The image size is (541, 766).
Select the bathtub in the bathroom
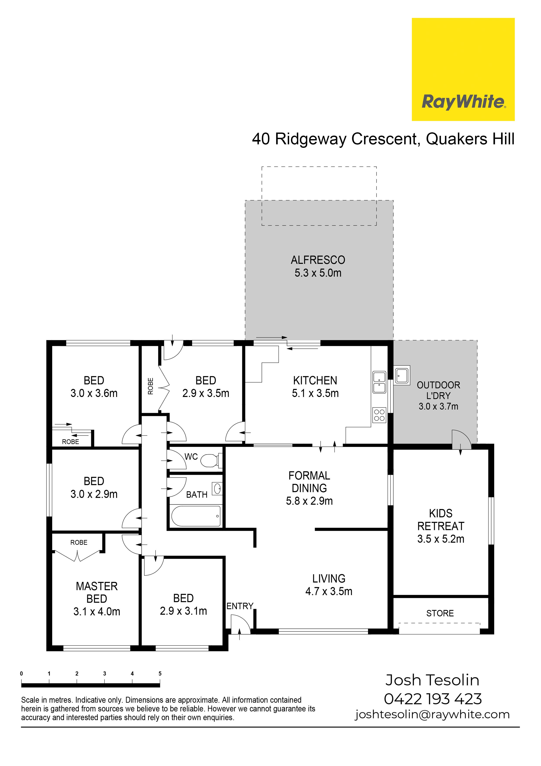click(x=196, y=516)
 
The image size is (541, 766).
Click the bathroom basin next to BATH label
click(x=217, y=489)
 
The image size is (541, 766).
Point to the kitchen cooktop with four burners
click(x=379, y=415)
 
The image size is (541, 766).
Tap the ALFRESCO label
click(x=318, y=260)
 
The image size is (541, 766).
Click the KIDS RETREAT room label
click(x=441, y=519)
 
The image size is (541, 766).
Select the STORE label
click(x=440, y=613)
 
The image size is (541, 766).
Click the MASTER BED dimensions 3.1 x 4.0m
click(x=97, y=612)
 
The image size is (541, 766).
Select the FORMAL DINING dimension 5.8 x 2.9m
click(x=309, y=501)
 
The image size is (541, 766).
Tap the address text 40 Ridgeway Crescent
click(x=334, y=139)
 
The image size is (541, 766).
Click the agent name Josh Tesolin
click(x=432, y=680)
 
